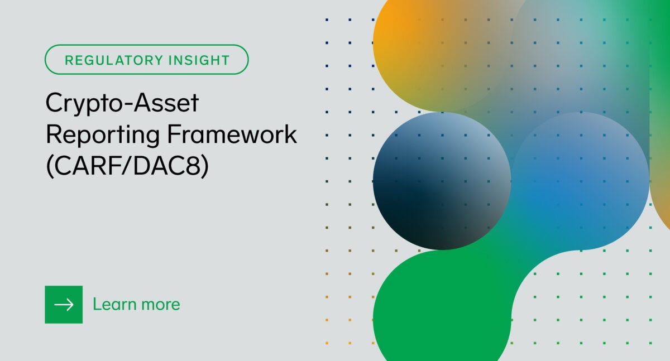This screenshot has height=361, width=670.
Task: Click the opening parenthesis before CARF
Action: click(49, 167)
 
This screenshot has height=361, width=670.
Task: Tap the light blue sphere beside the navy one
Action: click(581, 179)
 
